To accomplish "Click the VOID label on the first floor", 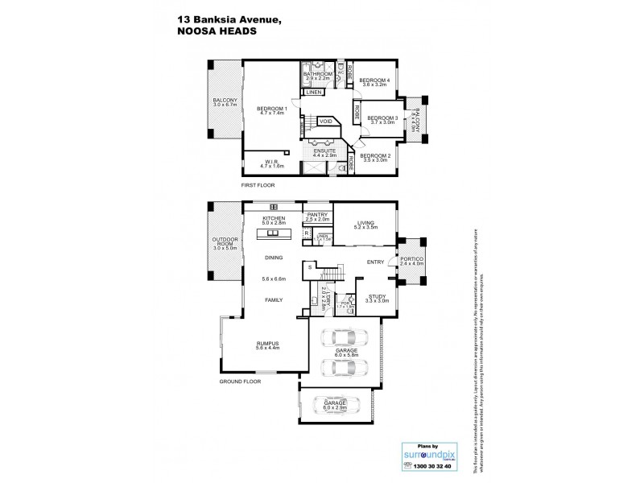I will (326, 122).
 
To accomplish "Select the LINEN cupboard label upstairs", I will (314, 93).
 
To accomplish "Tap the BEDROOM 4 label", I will (374, 80).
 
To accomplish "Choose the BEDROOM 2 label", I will (374, 155).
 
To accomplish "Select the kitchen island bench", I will (272, 234).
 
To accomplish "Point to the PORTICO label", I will (411, 258).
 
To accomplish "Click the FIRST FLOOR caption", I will (258, 185).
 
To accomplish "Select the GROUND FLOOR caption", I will (239, 382).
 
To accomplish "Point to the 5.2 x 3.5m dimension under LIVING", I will (366, 229).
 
